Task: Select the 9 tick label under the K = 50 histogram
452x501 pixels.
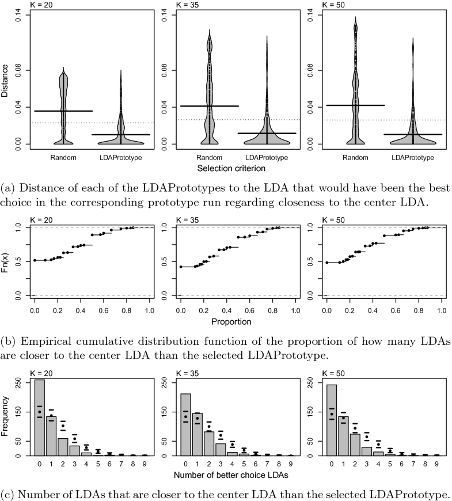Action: (438, 462)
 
